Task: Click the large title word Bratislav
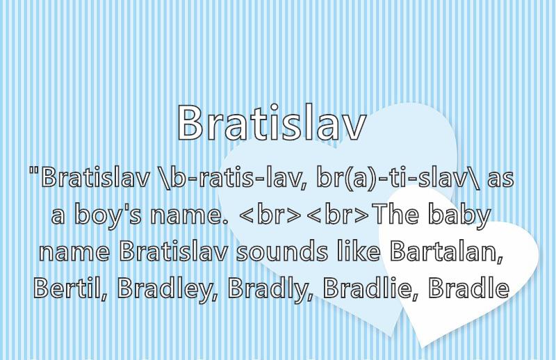(271, 123)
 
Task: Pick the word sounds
(282, 251)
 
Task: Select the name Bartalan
(446, 251)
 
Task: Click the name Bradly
(270, 288)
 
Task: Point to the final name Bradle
(468, 287)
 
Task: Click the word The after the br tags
(397, 214)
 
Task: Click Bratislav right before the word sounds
(173, 251)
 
